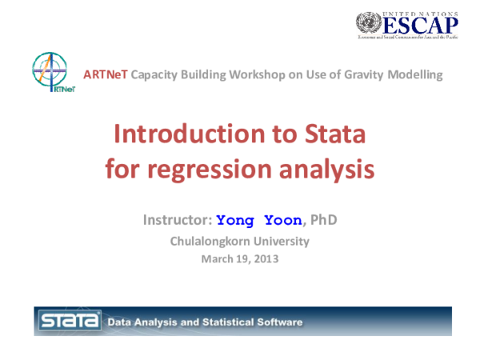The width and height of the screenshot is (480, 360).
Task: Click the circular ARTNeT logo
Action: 47,73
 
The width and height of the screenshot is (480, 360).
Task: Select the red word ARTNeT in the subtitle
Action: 106,75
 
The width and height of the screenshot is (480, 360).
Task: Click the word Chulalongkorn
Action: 210,241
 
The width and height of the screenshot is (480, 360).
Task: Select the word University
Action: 281,241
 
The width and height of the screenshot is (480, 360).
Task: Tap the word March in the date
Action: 215,258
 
